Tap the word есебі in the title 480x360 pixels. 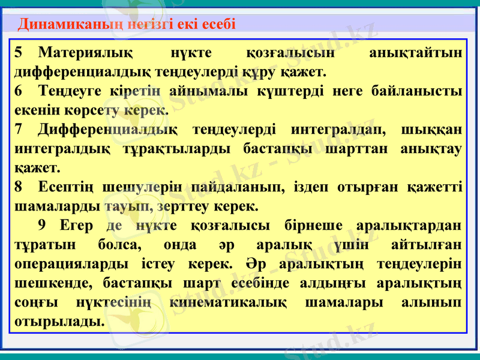(x=218, y=24)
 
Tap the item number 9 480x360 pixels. (x=41, y=226)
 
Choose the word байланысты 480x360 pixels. (x=419, y=91)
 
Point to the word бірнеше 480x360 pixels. (x=307, y=226)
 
